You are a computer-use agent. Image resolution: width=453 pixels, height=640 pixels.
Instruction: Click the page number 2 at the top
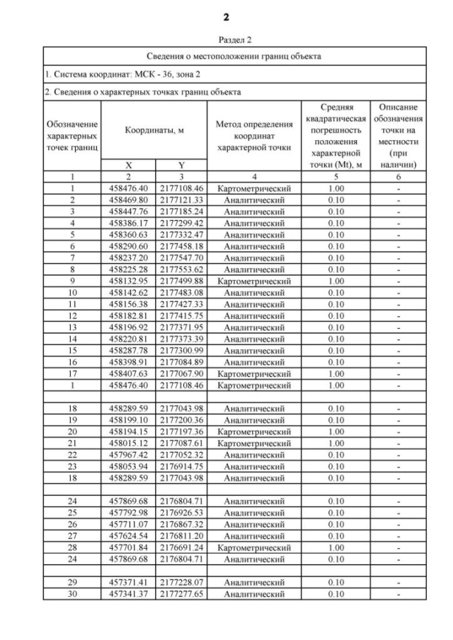coord(226,16)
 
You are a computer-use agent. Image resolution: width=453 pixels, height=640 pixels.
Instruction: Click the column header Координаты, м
coord(154,130)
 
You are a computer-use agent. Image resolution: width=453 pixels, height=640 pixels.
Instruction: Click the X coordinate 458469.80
coord(128,200)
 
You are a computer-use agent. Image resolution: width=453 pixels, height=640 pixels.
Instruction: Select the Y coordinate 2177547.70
coord(180,258)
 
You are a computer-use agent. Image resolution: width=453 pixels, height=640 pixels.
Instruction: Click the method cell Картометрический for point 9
coord(253,281)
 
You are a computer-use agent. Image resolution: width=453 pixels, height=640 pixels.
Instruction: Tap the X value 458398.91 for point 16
coord(128,362)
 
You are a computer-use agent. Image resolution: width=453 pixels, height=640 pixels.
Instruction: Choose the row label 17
coord(72,373)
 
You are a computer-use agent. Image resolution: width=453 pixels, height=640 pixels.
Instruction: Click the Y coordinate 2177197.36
coord(180,431)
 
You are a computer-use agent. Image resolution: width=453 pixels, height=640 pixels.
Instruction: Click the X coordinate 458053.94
coord(128,466)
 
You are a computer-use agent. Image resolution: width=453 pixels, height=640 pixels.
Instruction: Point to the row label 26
coord(72,524)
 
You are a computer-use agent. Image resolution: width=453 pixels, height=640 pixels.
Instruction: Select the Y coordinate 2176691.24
coord(180,547)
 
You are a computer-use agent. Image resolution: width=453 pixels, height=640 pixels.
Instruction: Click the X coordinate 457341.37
coord(128,593)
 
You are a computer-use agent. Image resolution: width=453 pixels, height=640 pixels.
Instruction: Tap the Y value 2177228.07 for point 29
coord(180,581)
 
